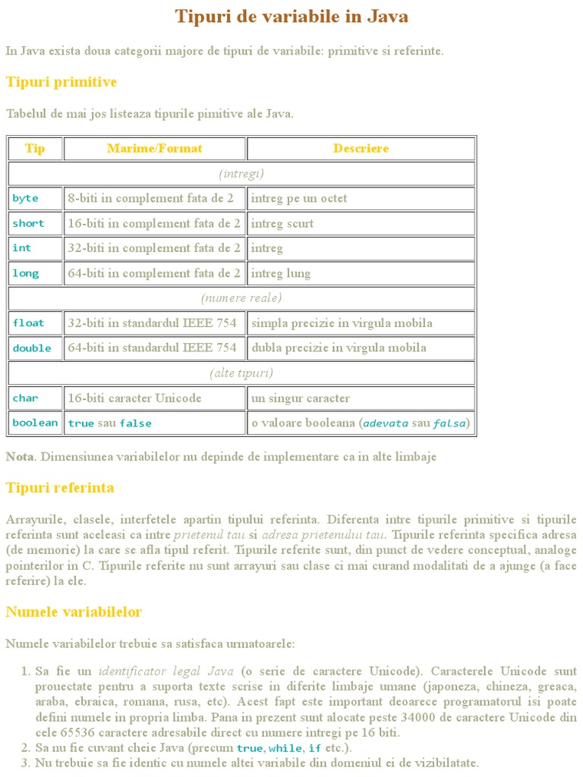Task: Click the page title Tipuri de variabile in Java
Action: [x=291, y=17]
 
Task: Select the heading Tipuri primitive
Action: [x=61, y=82]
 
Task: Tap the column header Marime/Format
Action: [x=155, y=149]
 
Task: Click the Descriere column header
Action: [x=361, y=149]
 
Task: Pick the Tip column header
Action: [x=35, y=149]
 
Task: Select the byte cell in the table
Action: [x=26, y=199]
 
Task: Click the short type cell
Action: [x=29, y=224]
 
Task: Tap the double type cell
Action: [x=32, y=348]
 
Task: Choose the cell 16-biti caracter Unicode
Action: [x=135, y=398]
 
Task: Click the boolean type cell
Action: [x=35, y=423]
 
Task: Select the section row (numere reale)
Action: [x=241, y=298]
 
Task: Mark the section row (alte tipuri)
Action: [x=241, y=373]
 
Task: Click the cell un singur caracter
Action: [x=301, y=398]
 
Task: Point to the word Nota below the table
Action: [x=20, y=457]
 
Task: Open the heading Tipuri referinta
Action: [x=60, y=488]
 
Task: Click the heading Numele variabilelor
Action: [x=74, y=612]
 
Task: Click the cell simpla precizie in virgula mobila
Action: [x=342, y=323]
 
